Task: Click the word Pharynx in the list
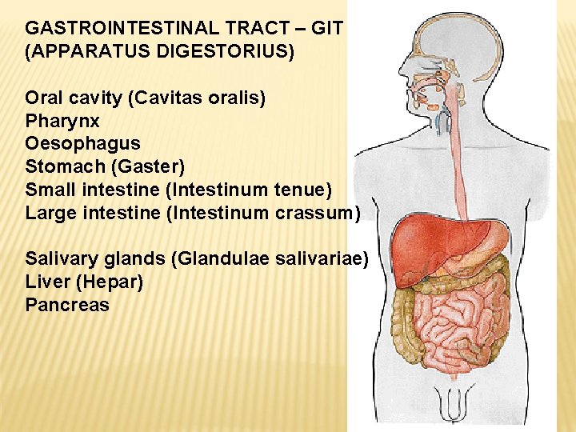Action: tap(62, 122)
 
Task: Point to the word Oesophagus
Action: tap(82, 144)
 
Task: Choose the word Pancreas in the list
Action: tap(67, 305)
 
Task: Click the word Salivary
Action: tap(58, 258)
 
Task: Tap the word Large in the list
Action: tap(49, 213)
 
